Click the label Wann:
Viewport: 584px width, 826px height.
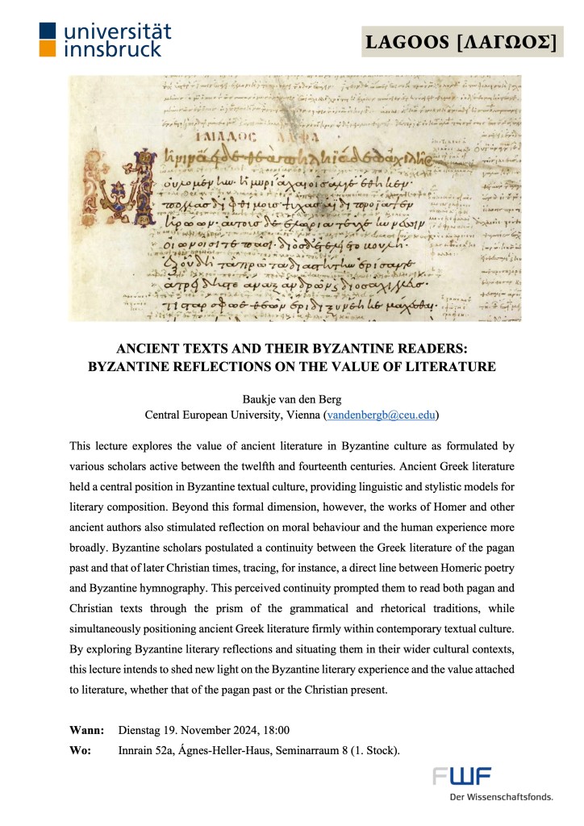pos(87,730)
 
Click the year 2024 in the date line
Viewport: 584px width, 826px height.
pos(240,730)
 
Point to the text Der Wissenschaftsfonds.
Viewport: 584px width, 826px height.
pos(502,797)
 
